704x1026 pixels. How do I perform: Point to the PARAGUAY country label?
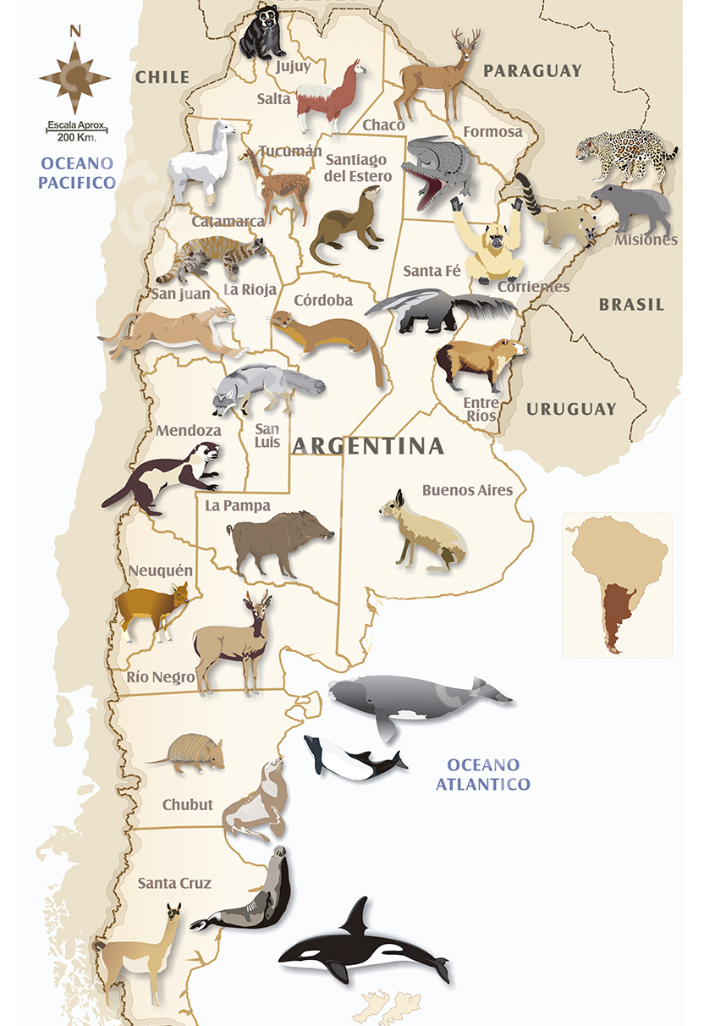tap(532, 71)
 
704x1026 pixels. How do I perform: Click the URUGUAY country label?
tap(571, 409)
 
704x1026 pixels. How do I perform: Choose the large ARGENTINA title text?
tap(368, 445)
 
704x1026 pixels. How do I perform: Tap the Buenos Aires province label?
tap(467, 490)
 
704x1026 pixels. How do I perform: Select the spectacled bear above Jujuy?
tap(260, 32)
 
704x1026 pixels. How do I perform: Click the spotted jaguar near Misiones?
tap(626, 152)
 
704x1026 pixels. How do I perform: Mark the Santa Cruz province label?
tap(174, 883)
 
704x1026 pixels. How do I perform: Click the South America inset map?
tap(617, 584)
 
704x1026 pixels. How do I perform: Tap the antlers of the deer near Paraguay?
tap(466, 42)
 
